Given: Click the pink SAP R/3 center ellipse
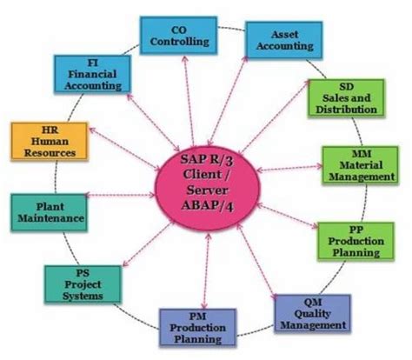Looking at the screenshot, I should click(x=205, y=181).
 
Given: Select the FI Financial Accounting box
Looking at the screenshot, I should click(x=92, y=77).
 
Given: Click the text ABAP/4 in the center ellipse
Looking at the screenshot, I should click(x=206, y=204).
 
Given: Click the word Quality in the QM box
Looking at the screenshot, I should click(x=313, y=314).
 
